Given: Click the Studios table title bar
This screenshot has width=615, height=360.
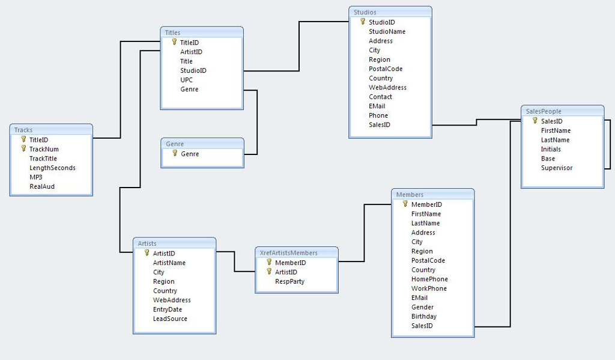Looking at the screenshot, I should coord(390,12).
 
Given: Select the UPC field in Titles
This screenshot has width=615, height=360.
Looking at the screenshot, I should coord(186,80).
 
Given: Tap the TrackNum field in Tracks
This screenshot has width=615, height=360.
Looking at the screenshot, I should coord(44,149).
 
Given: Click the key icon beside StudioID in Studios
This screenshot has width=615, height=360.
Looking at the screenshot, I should coord(362,22).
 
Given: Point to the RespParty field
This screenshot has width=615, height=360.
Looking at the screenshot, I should coord(289,281).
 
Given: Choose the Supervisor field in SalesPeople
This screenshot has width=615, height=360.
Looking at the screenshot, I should coord(557,168).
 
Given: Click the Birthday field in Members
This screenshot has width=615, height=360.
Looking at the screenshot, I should coord(424,316).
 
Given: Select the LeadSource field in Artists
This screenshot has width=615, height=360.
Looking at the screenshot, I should coord(170,319).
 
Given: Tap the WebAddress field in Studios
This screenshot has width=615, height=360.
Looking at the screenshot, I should coord(387,87).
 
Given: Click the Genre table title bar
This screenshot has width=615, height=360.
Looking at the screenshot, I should coord(202,144).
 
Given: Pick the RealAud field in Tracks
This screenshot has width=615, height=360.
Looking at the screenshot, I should coord(42,186).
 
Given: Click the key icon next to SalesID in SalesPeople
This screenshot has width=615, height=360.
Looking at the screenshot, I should coord(535,120).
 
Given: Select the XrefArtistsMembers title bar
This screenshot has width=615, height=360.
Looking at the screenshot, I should coord(296,253).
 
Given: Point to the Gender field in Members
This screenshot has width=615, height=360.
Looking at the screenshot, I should coord(422,307).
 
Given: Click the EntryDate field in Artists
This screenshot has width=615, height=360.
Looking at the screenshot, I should coord(168,310).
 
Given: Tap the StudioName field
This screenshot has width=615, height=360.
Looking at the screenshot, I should coord(387,31).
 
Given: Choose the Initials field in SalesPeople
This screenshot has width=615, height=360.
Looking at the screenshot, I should coord(551,149).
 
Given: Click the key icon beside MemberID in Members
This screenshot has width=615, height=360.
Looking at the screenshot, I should coord(405,204).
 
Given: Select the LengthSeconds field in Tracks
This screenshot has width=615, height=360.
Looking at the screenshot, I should coord(52,168).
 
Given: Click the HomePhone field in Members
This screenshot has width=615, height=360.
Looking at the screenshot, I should coord(429,279).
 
